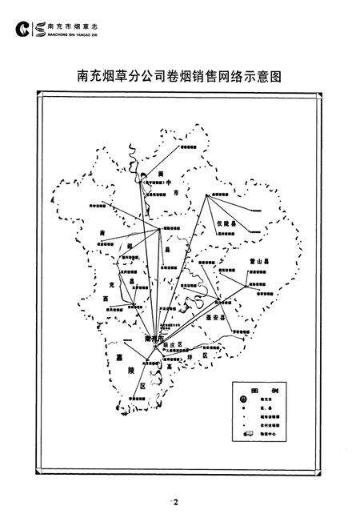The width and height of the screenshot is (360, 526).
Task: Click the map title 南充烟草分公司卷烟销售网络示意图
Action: click(178, 78)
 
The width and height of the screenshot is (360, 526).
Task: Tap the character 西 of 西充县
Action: click(107, 297)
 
